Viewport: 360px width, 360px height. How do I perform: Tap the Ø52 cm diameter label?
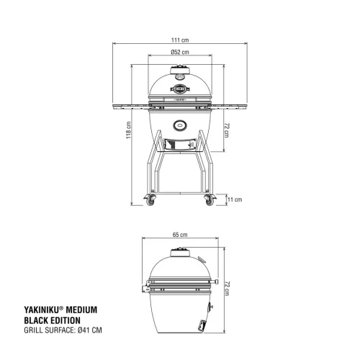click(x=180, y=52)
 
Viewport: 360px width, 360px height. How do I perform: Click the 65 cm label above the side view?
click(x=180, y=235)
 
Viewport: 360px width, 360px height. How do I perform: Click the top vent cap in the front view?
click(x=180, y=70)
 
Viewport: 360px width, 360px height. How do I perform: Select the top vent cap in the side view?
click(x=179, y=251)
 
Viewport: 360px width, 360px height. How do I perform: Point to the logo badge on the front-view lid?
click(x=180, y=89)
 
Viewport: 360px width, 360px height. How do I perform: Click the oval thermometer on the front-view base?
click(x=180, y=122)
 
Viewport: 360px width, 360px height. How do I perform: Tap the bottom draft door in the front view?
click(x=180, y=144)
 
